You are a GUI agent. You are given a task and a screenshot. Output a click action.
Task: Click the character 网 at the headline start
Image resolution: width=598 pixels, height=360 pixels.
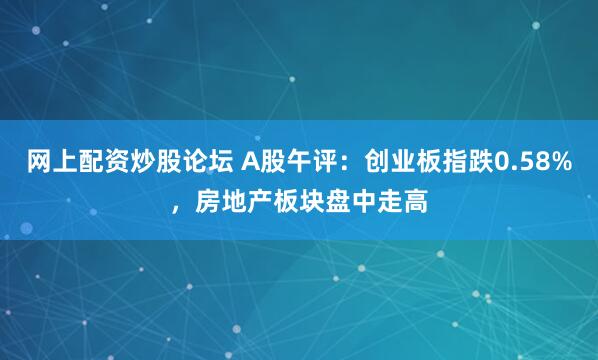point(39,160)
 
